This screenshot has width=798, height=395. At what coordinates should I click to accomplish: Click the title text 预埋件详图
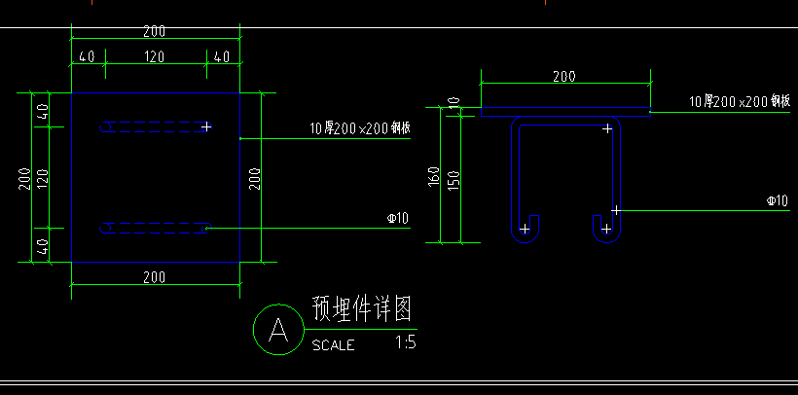[361, 309]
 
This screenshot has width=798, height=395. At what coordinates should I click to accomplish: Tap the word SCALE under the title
[333, 344]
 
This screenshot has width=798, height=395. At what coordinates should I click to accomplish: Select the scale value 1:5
[406, 342]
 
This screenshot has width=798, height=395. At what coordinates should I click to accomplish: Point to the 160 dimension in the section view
[434, 177]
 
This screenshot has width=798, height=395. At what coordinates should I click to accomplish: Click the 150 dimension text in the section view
[453, 181]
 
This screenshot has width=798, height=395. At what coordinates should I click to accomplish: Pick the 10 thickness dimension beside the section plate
[453, 102]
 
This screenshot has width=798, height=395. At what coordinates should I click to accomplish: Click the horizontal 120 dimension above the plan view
[154, 57]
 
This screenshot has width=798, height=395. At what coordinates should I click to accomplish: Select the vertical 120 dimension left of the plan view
[42, 176]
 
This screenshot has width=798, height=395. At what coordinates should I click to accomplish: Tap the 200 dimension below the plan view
[154, 277]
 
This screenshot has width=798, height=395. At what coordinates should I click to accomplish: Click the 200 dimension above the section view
[563, 76]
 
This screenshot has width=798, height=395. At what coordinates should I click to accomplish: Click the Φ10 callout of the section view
[777, 201]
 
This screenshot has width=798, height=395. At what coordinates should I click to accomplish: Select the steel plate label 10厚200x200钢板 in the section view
[739, 101]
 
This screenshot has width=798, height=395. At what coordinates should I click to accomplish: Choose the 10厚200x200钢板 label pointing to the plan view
[359, 127]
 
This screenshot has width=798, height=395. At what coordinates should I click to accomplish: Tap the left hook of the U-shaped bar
[525, 229]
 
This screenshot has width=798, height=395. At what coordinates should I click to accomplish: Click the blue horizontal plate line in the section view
[564, 109]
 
